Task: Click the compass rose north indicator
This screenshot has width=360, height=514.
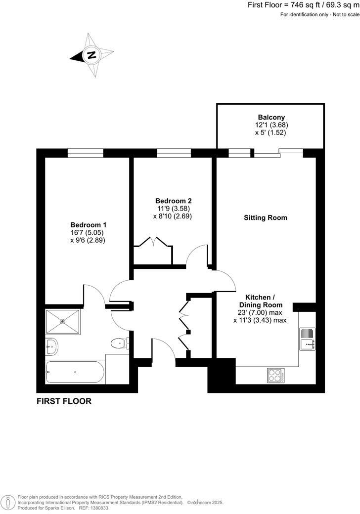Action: pos(91,55)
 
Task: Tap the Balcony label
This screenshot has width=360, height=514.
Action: pos(271,117)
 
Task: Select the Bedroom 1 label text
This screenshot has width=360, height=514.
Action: pos(88,224)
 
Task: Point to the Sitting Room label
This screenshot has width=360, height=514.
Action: pos(265,217)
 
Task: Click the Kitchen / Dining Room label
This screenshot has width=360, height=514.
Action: pos(260,301)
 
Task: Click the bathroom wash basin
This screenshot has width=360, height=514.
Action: pos(51,346)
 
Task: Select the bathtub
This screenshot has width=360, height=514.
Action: pos(75,372)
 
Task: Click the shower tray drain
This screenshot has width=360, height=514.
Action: pos(63,322)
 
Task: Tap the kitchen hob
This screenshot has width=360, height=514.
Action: pos(276,375)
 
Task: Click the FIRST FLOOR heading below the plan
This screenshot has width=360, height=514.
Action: pos(64,401)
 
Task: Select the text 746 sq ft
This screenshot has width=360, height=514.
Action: pos(304,4)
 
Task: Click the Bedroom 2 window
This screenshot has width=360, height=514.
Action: pos(173,153)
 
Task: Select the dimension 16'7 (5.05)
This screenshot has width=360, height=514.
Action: pos(88,232)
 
